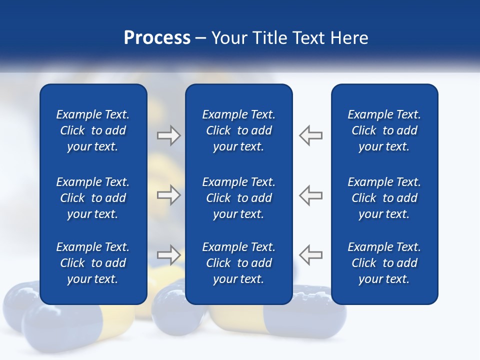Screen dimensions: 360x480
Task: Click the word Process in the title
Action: coord(157,38)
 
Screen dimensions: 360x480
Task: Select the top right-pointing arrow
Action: coord(168,135)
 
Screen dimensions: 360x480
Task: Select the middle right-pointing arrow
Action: coord(168,195)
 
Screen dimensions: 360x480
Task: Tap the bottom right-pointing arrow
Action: coord(168,255)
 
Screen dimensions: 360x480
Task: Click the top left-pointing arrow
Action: coord(311,135)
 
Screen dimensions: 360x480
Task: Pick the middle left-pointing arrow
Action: coord(311,195)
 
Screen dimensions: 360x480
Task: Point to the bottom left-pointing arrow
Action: coord(311,255)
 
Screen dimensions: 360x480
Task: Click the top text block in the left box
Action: coord(93,130)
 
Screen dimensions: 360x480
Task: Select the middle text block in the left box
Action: coord(93,198)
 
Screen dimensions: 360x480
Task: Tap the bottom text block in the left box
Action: coord(93,263)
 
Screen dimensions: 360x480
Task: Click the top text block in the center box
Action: coord(238,130)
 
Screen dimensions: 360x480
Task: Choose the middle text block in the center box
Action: coord(238,198)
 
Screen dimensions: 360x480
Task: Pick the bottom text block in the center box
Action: coord(238,263)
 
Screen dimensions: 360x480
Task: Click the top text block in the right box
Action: coord(384,130)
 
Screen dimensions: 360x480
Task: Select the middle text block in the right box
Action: coord(384,198)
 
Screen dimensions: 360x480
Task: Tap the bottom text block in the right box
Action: coord(384,263)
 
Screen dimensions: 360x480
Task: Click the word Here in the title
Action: coord(349,38)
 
